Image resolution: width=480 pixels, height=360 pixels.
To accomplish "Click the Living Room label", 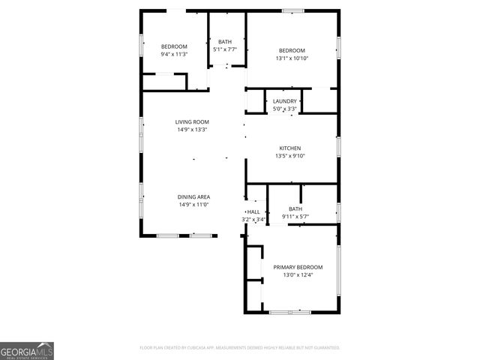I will [192, 121].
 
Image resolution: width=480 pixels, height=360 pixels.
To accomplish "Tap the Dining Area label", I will [193, 196].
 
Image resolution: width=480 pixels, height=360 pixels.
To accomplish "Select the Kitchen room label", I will [290, 148].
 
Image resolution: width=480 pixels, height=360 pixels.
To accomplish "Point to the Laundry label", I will [284, 101].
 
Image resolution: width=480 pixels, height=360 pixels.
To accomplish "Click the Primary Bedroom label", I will [298, 267].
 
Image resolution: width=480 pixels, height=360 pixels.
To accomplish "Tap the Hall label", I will [254, 211].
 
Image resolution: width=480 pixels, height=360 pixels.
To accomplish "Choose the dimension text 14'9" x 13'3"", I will [192, 130].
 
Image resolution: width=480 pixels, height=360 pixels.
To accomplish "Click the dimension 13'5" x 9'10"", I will [290, 156].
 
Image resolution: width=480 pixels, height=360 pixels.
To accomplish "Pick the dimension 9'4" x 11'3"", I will [174, 54].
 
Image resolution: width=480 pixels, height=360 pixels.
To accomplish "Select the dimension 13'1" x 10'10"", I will [292, 58].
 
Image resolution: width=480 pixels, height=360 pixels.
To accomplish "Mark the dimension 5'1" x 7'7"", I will [225, 49].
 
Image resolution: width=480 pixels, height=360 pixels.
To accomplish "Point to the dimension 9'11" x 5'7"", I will [295, 217].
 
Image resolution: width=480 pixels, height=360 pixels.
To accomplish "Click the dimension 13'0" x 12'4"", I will [298, 275].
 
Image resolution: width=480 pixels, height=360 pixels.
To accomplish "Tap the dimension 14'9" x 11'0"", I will [193, 205].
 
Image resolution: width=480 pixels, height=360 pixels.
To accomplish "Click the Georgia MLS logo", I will [27, 351].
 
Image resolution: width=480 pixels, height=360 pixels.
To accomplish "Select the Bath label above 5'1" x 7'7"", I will [225, 42].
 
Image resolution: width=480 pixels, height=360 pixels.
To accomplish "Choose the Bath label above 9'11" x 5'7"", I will [295, 209].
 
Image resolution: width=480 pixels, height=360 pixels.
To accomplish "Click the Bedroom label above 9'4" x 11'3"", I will [174, 46].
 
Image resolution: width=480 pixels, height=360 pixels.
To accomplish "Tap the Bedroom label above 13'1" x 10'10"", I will [292, 50].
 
